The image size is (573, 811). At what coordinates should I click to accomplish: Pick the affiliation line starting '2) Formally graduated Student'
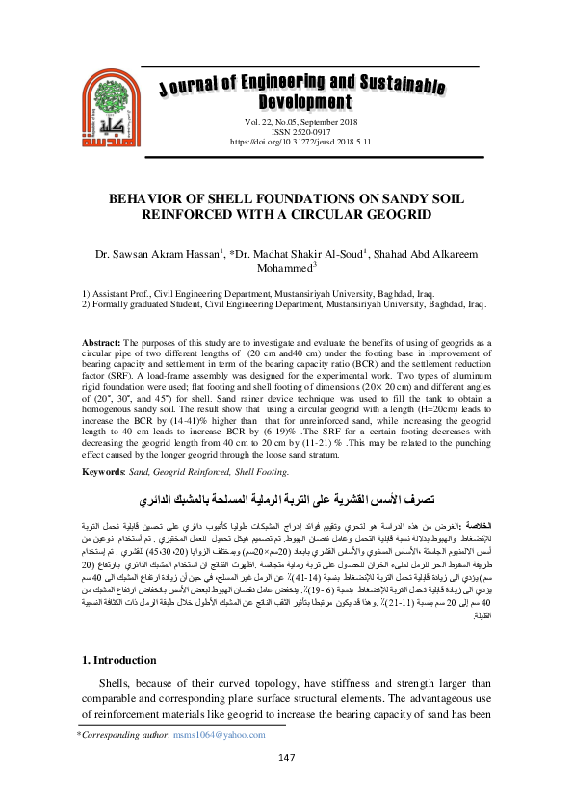(x=285, y=303)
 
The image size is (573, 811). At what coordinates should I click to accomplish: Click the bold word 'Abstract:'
(x=101, y=343)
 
